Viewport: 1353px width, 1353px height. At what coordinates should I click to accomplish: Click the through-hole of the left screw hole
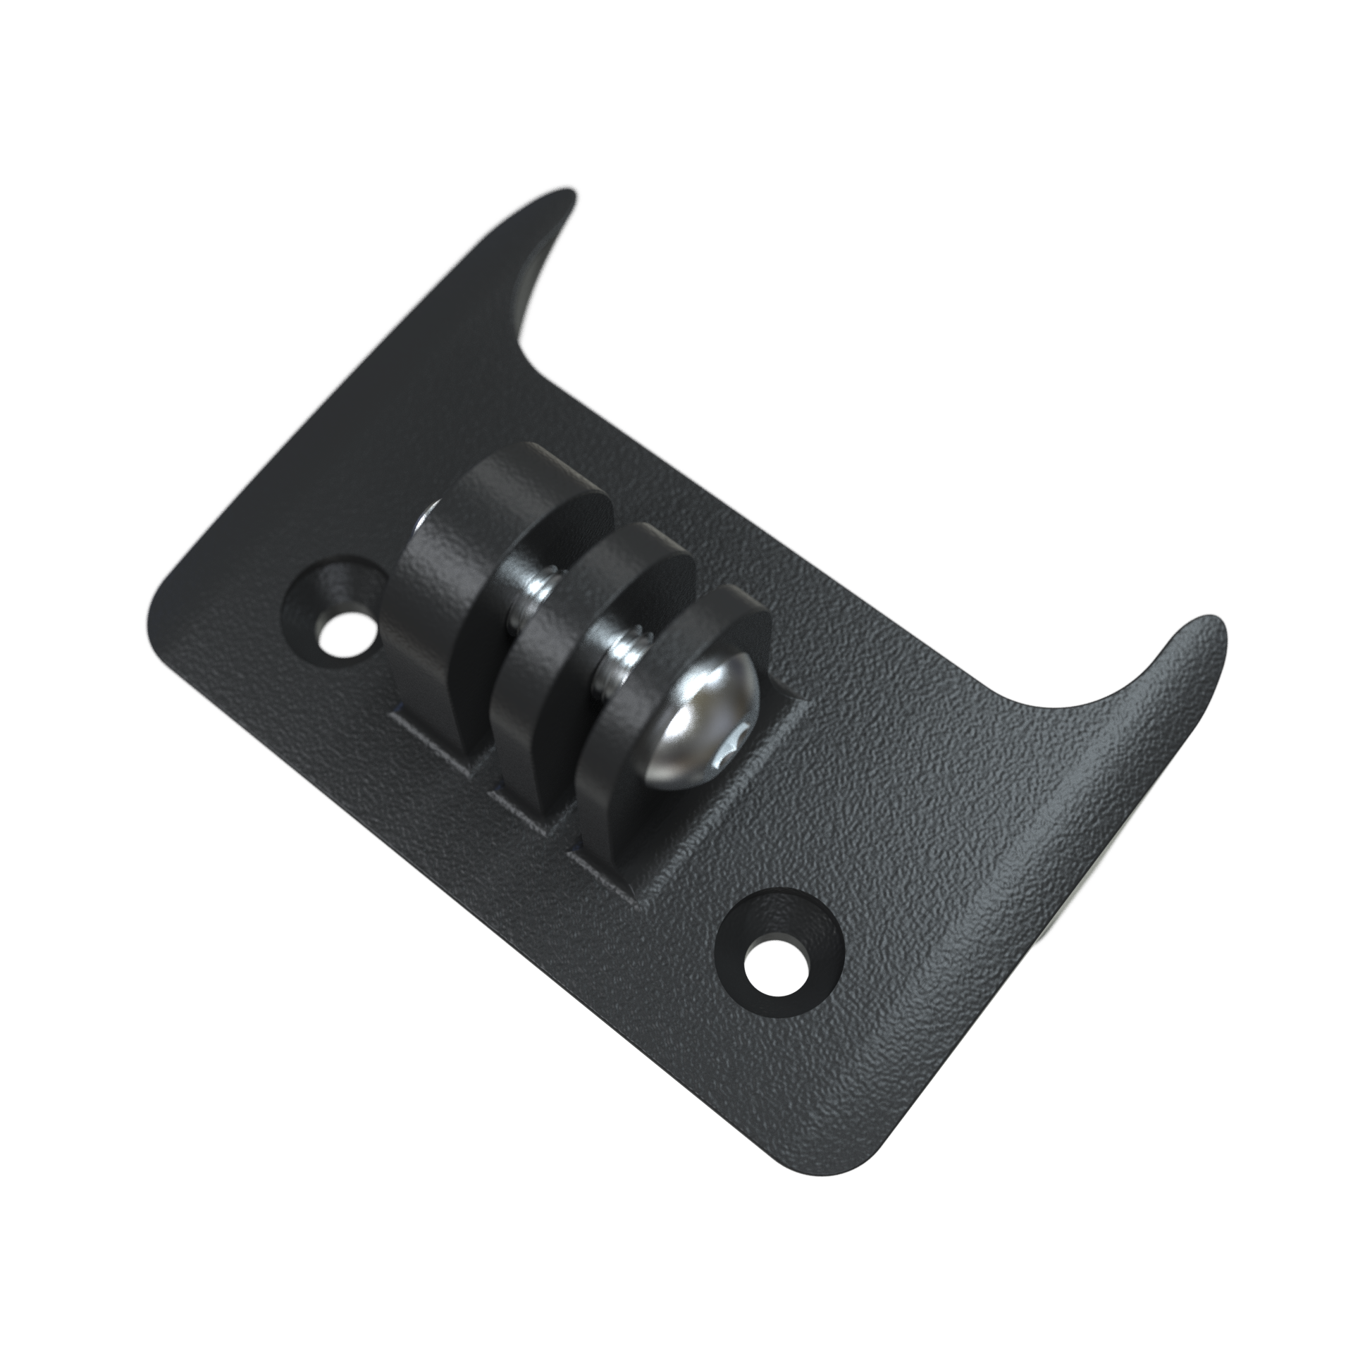pyautogui.click(x=346, y=624)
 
